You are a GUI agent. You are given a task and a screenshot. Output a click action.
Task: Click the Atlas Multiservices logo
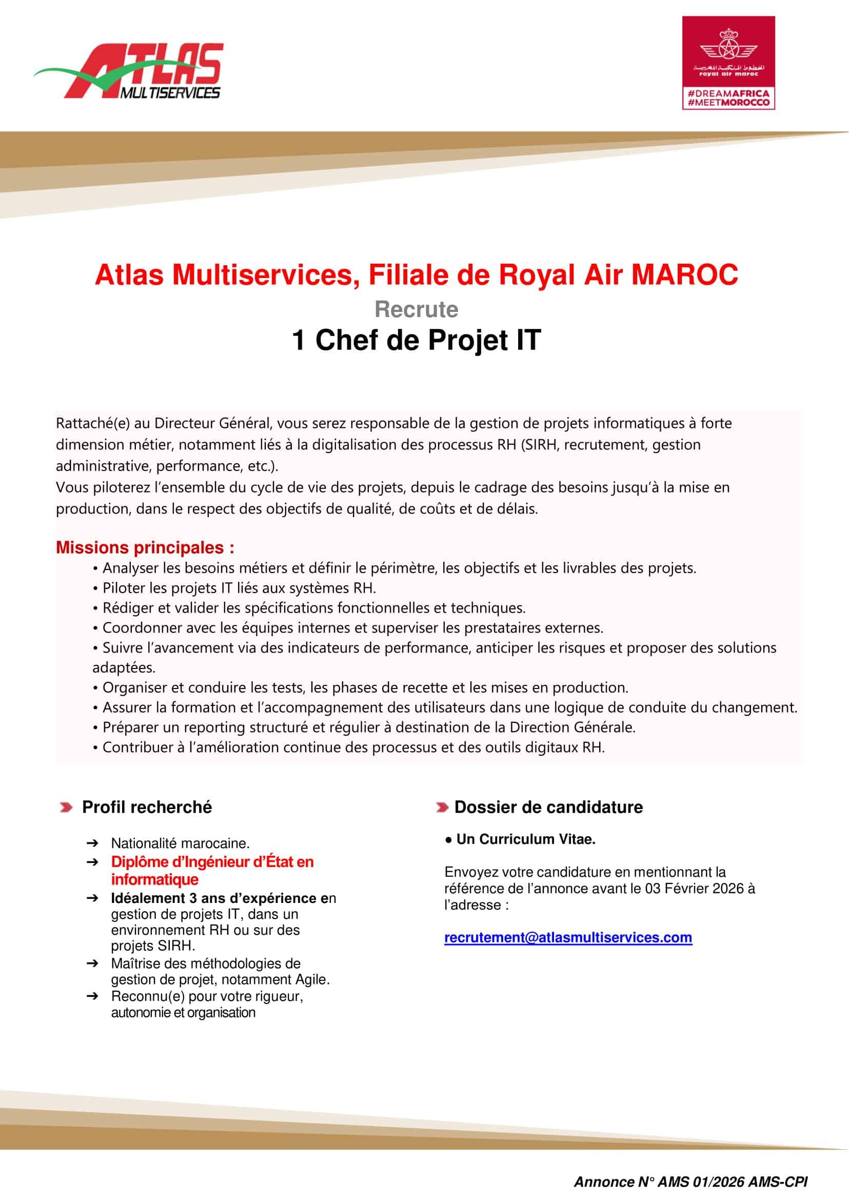pyautogui.click(x=129, y=72)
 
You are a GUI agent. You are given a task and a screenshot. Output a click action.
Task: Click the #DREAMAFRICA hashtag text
pyautogui.click(x=728, y=93)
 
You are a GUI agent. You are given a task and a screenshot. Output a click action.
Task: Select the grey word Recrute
pyautogui.click(x=416, y=309)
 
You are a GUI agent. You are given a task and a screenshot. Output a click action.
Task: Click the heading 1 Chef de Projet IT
pyautogui.click(x=416, y=340)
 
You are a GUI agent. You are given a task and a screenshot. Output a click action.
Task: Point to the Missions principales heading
pyautogui.click(x=145, y=547)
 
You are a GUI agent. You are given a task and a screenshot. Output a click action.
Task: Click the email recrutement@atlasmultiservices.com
pyautogui.click(x=568, y=937)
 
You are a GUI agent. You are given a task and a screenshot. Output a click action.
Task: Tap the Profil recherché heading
pyautogui.click(x=147, y=808)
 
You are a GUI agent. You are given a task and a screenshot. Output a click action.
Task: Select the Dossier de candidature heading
pyautogui.click(x=548, y=808)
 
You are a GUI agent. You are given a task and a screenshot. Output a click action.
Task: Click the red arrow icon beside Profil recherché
pyautogui.click(x=66, y=808)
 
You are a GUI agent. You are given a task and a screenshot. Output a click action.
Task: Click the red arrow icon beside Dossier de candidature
pyautogui.click(x=442, y=808)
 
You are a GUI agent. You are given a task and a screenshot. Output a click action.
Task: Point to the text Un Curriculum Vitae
pyautogui.click(x=525, y=839)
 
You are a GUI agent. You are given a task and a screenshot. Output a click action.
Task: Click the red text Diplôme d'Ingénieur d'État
pyautogui.click(x=212, y=862)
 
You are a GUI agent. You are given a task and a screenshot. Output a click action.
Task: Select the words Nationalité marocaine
pyautogui.click(x=181, y=843)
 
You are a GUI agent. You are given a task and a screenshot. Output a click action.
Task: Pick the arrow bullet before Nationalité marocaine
pyautogui.click(x=92, y=843)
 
